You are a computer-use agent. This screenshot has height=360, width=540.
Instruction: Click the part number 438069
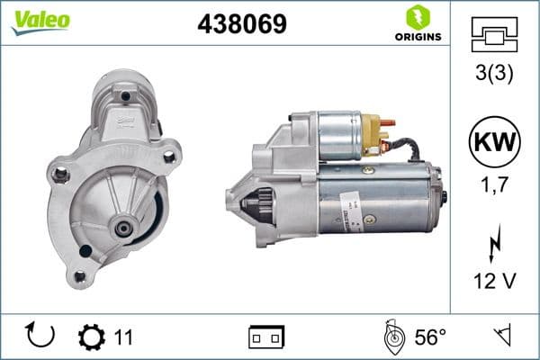tap(241, 24)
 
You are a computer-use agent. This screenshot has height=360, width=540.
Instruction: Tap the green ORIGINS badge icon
tap(416, 18)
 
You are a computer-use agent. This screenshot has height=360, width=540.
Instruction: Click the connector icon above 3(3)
tap(493, 35)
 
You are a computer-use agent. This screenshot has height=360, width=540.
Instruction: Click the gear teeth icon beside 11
tap(92, 337)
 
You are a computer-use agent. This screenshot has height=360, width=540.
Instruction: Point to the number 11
tap(123, 337)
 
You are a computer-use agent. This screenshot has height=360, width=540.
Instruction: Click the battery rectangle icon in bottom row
tap(266, 337)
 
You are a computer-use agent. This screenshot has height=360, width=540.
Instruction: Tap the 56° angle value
tap(429, 337)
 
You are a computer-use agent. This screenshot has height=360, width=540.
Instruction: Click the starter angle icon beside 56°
tap(392, 337)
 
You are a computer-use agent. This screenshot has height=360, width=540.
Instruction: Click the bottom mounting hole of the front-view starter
tap(80, 276)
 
